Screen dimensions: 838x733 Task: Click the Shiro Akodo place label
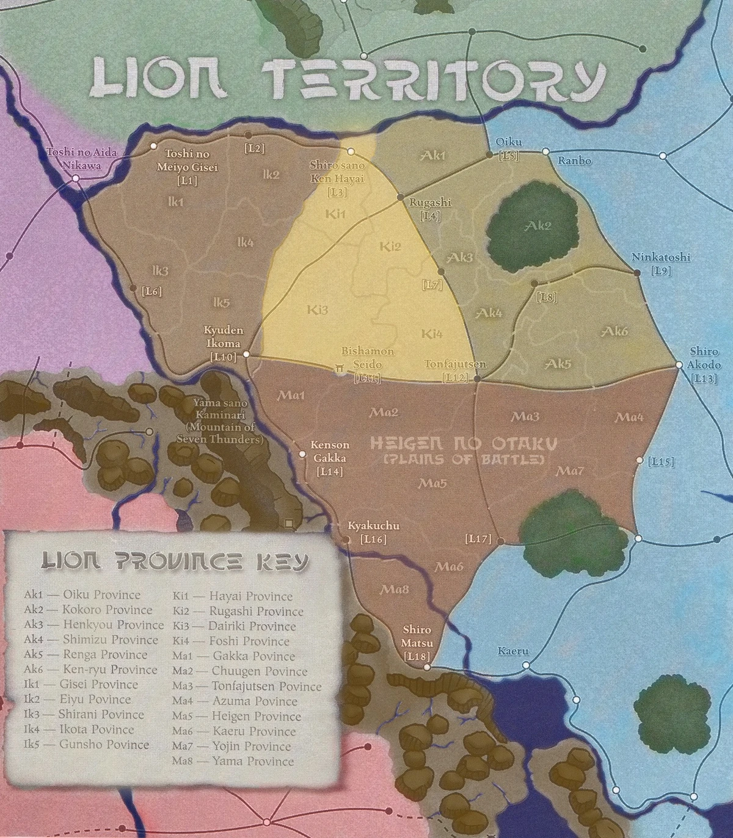tap(704, 358)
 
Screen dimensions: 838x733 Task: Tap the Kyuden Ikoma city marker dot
tap(246, 354)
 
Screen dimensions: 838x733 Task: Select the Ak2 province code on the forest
tap(538, 226)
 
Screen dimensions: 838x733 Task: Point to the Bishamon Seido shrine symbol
tap(338, 368)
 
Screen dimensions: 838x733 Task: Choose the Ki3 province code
tap(318, 310)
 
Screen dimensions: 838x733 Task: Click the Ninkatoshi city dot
tap(637, 273)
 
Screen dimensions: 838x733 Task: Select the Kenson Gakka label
tap(330, 452)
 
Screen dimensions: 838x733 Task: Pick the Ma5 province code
tap(432, 483)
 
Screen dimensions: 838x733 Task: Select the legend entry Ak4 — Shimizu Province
tap(91, 640)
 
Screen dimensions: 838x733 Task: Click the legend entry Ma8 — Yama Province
tap(233, 761)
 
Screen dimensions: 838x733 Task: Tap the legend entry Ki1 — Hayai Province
tap(232, 596)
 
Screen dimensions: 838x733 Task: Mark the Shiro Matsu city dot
tap(427, 668)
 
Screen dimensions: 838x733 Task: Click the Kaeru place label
tap(512, 651)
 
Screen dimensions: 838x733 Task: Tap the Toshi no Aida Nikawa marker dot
tap(76, 178)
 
